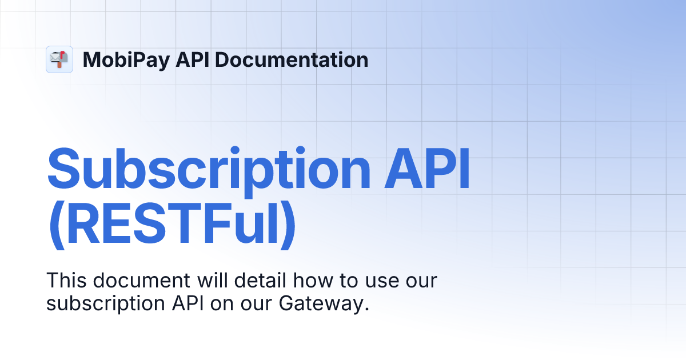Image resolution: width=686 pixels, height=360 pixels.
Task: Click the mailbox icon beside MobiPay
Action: (59, 59)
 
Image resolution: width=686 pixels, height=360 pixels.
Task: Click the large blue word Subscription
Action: (209, 169)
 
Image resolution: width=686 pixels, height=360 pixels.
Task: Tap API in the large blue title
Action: (426, 169)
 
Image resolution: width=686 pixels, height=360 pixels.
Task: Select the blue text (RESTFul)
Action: (171, 227)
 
